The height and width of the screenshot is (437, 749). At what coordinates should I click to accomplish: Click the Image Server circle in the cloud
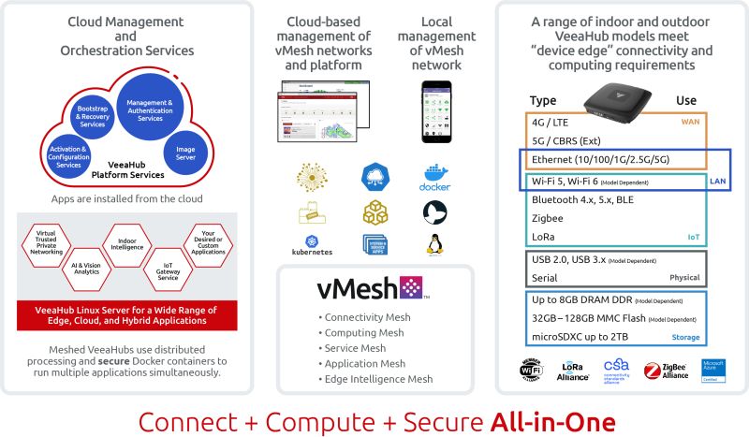(x=184, y=153)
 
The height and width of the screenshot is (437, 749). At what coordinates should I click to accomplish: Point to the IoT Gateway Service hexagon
(x=167, y=271)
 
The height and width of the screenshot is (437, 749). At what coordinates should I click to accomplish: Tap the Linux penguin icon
(x=433, y=245)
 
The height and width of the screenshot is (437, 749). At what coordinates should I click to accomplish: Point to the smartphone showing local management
(x=436, y=117)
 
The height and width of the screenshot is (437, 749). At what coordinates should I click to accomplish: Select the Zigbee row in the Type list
(x=547, y=217)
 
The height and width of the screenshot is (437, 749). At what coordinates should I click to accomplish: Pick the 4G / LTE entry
(x=551, y=122)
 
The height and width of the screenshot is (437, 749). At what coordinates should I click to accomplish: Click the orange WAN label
(x=691, y=122)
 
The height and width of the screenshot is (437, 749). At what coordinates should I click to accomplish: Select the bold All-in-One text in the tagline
(x=552, y=419)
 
